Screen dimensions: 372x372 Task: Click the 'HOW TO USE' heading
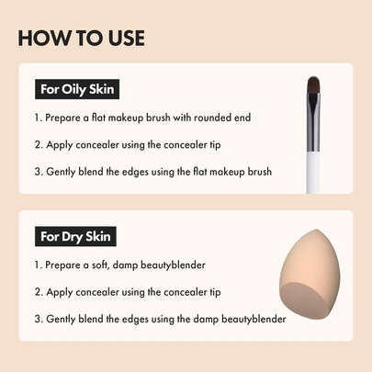[x=81, y=38]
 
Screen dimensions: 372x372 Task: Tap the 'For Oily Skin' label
[x=78, y=90]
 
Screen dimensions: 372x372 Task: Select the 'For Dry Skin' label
[x=75, y=238]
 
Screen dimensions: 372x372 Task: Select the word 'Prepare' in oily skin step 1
[x=63, y=118]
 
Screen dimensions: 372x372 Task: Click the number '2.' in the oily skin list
[x=39, y=144]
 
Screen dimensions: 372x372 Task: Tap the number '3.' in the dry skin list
[x=39, y=319]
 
